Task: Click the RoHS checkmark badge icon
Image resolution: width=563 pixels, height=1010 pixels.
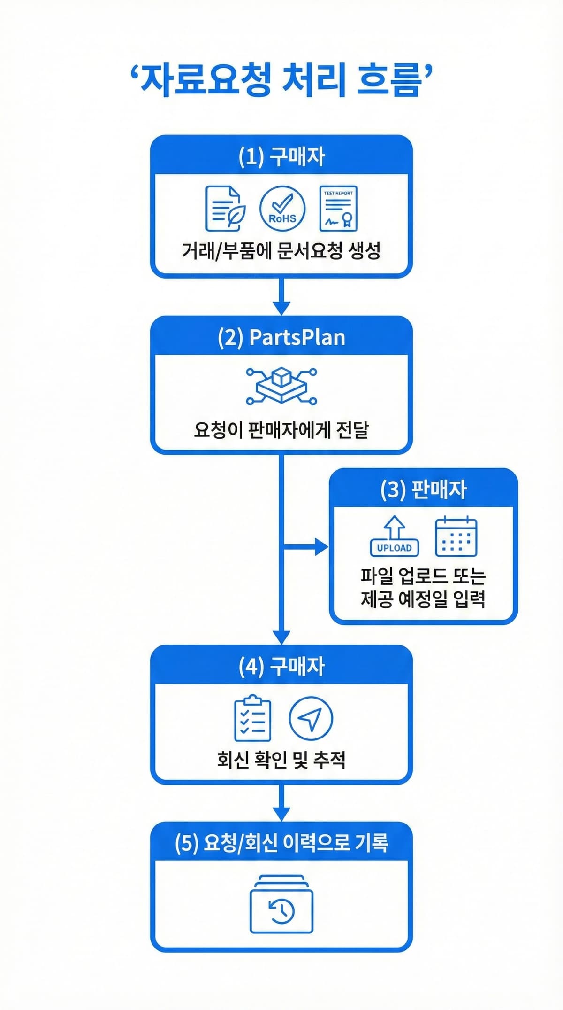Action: [x=282, y=208]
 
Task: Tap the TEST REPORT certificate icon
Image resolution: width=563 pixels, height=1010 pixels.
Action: [x=338, y=208]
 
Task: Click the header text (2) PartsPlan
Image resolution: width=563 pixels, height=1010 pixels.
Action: [x=281, y=337]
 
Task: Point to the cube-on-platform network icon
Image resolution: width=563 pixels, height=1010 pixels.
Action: [x=281, y=386]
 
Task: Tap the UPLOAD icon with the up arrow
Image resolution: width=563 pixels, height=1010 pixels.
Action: [x=395, y=536]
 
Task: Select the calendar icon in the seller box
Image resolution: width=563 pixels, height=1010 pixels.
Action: [x=456, y=536]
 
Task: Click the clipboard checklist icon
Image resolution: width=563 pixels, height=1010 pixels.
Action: [x=252, y=718]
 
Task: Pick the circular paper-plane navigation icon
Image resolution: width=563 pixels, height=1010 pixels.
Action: [x=311, y=718]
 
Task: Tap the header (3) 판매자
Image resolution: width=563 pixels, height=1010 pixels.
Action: [x=424, y=489]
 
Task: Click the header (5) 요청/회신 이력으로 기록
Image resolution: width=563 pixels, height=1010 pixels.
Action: [x=281, y=842]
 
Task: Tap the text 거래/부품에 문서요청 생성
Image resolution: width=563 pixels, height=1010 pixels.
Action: [x=281, y=251]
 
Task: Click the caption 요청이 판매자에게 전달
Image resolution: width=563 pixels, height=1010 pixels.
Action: [x=281, y=430]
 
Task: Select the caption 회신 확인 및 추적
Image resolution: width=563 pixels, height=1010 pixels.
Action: [x=281, y=760]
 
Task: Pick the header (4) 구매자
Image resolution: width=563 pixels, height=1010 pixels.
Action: [x=281, y=666]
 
